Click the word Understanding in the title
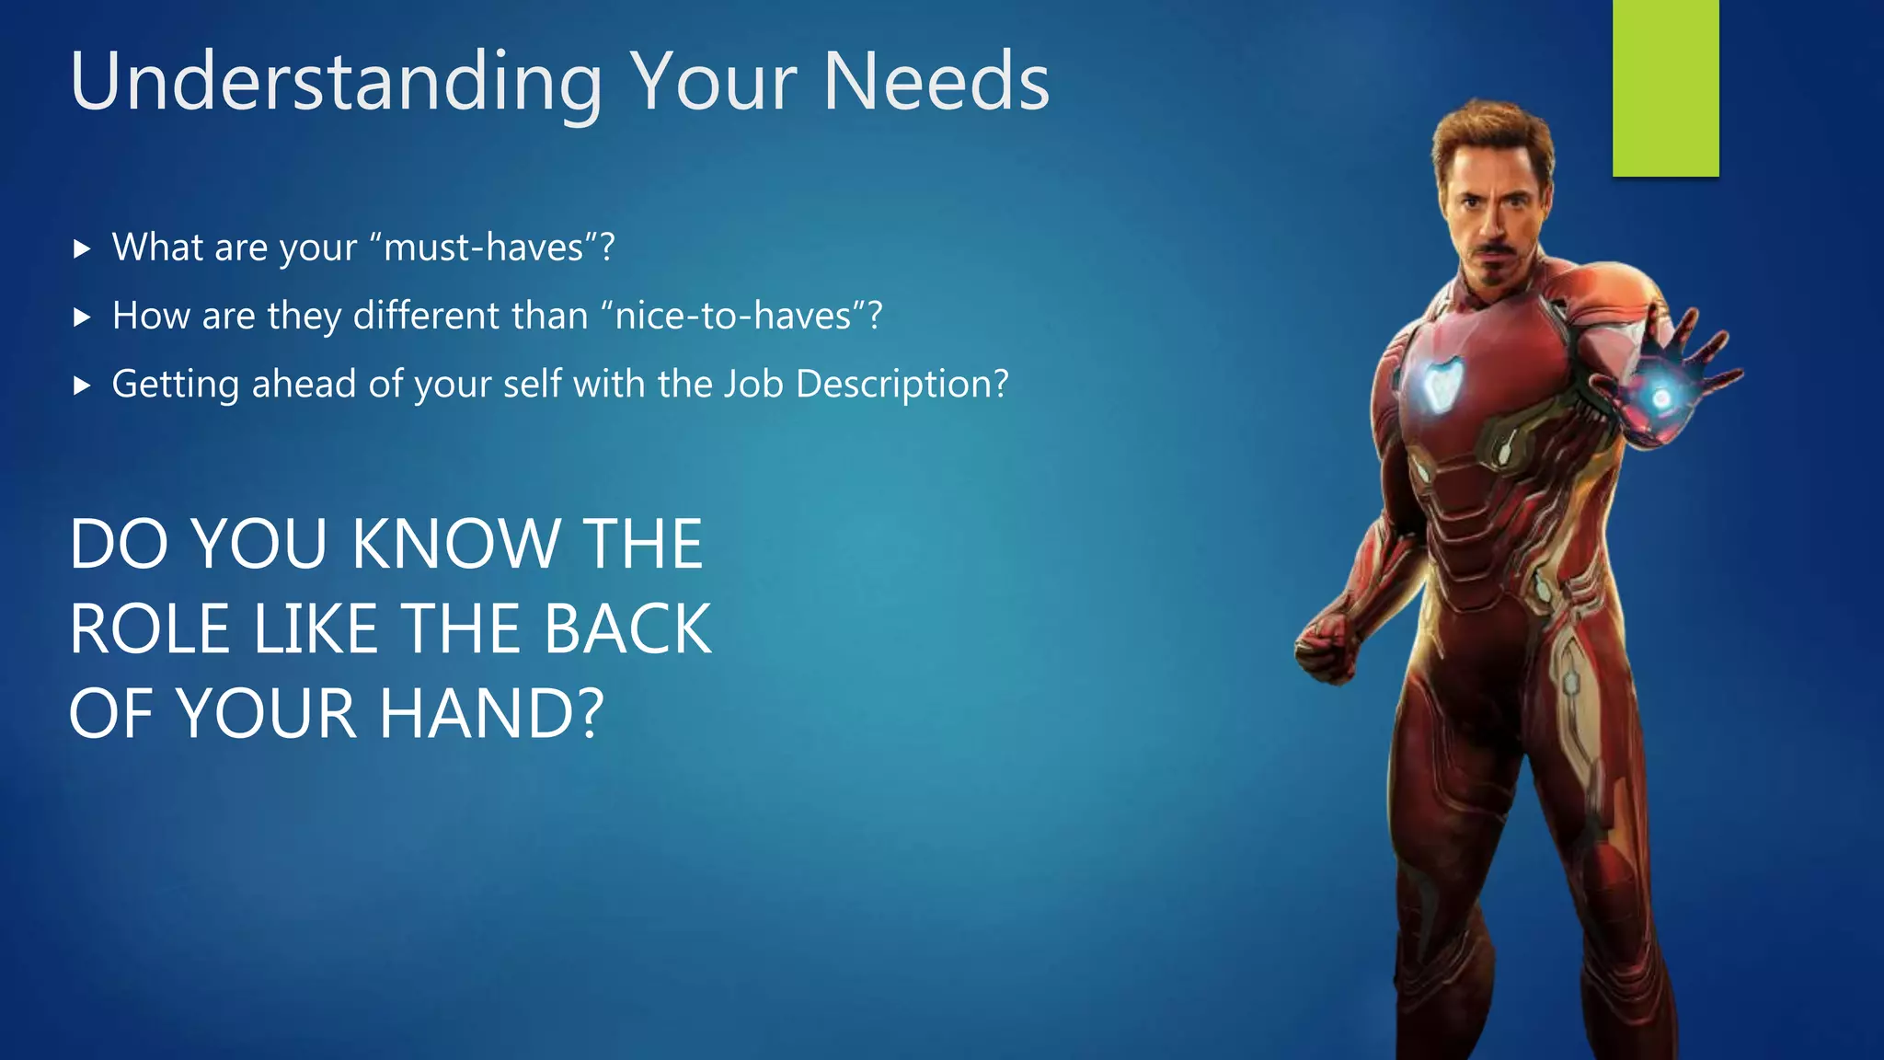point(336,83)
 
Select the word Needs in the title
point(936,83)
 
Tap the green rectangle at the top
point(1665,87)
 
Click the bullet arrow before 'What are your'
point(82,248)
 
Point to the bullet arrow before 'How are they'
point(82,317)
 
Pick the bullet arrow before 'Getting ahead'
point(82,386)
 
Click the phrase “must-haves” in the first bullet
point(484,248)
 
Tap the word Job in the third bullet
point(754,384)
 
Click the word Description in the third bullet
point(902,385)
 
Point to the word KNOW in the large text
point(455,544)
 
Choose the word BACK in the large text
point(627,629)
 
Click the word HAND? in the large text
point(492,714)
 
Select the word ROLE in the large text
point(150,629)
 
